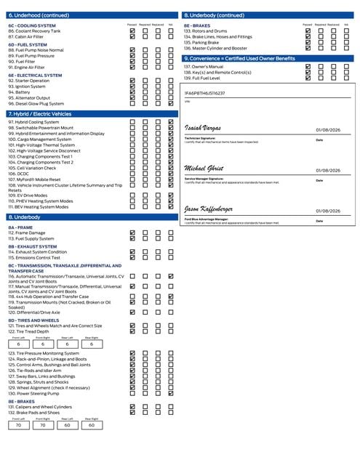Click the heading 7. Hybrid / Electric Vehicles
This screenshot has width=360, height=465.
40,114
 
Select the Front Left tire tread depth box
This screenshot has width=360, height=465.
18,344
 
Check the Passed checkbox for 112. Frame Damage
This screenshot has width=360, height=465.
132,232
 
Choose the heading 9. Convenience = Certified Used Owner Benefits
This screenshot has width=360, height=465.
240,58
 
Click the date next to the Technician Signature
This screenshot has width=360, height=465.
329,129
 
